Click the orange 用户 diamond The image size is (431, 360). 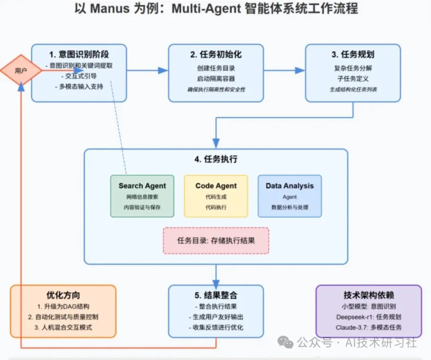pyautogui.click(x=21, y=71)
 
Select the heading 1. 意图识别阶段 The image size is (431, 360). pyautogui.click(x=79, y=55)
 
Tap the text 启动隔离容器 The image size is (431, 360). pyautogui.click(x=216, y=79)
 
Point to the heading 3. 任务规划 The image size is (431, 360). pyautogui.click(x=353, y=55)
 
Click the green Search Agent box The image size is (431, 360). pyautogui.click(x=142, y=196)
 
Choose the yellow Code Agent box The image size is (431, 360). pyautogui.click(x=216, y=196)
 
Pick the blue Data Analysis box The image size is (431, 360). pyautogui.click(x=290, y=196)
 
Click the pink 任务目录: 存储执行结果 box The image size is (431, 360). pyautogui.click(x=216, y=240)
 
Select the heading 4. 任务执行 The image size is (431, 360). pyautogui.click(x=216, y=159)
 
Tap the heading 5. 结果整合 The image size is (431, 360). pyautogui.click(x=216, y=295)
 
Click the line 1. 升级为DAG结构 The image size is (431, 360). pyautogui.click(x=63, y=307)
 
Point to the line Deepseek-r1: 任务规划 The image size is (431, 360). pyautogui.click(x=368, y=317)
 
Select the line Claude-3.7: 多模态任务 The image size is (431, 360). pyautogui.click(x=368, y=327)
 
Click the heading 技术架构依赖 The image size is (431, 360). pyautogui.click(x=368, y=295)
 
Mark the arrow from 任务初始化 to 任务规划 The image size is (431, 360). pyautogui.click(x=284, y=71)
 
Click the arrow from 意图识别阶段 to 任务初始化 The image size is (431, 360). pyautogui.click(x=147, y=71)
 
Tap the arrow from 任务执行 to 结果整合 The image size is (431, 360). pyautogui.click(x=216, y=274)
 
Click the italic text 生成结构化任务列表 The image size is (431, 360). pyautogui.click(x=353, y=90)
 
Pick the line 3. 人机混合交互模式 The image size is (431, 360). pyautogui.click(x=63, y=327)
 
